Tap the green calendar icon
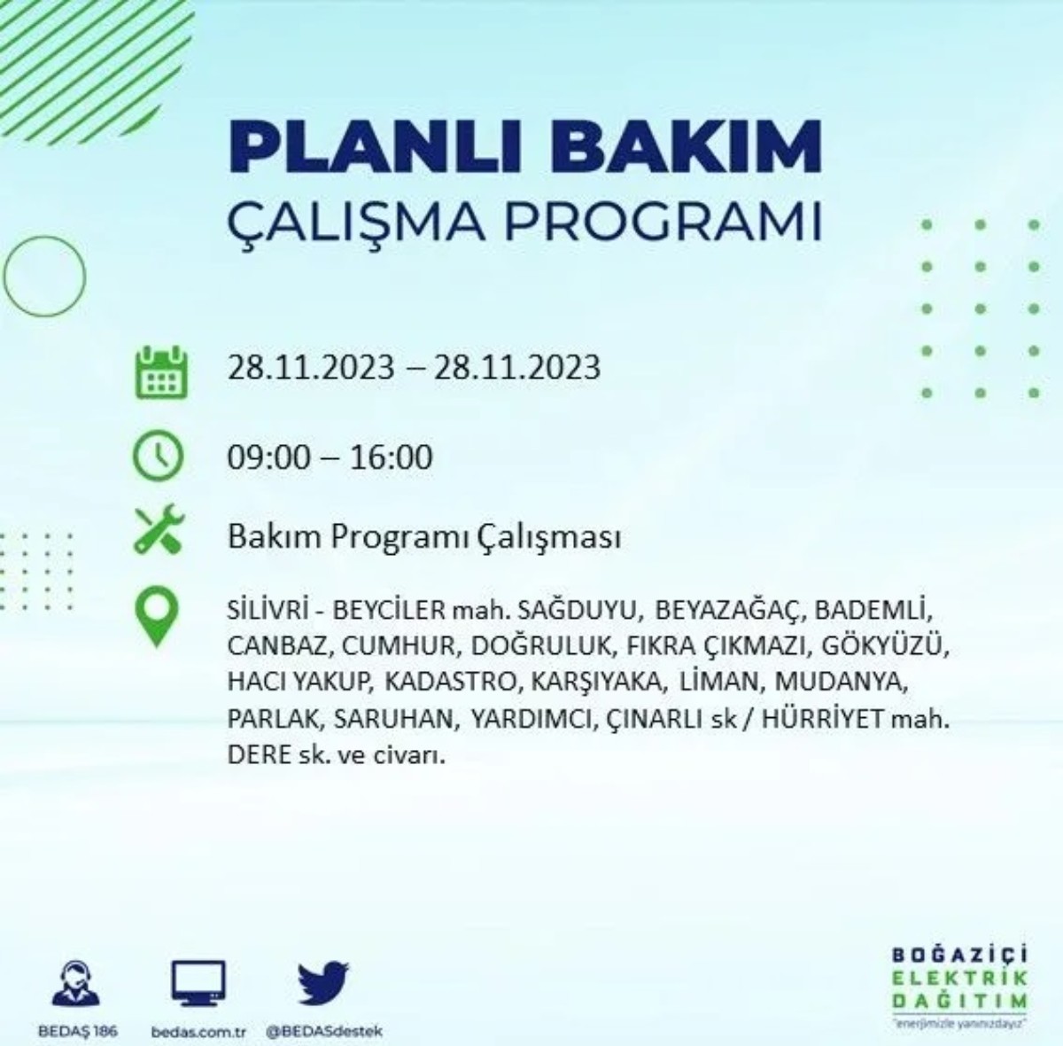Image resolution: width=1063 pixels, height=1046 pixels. (x=160, y=372)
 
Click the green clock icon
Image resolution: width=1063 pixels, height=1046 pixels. (x=159, y=457)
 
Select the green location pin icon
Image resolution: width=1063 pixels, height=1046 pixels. (x=158, y=618)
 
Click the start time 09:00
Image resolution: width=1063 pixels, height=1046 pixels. (x=269, y=457)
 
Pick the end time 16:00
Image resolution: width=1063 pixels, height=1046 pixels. (x=390, y=457)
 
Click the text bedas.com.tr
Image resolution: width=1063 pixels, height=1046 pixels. (x=198, y=1032)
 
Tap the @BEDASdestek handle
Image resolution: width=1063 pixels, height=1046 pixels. (x=324, y=1032)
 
